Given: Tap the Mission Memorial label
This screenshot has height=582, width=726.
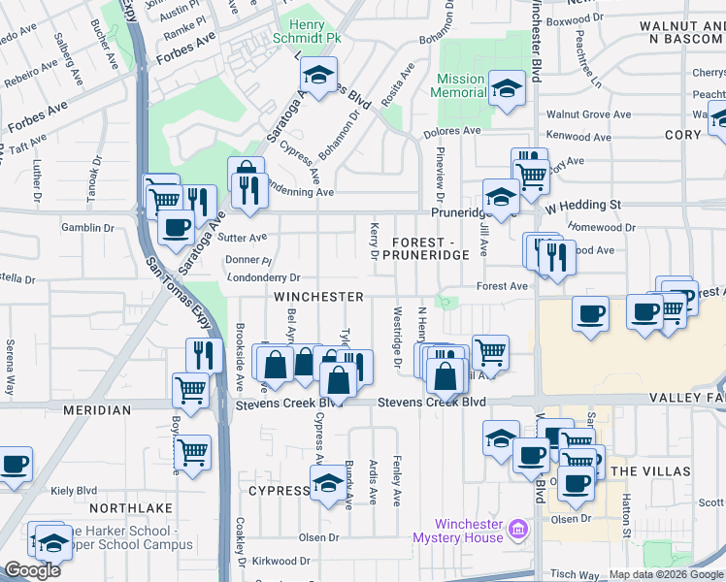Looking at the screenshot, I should point(460,86).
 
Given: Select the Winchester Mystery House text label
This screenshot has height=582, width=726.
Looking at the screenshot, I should point(456,531).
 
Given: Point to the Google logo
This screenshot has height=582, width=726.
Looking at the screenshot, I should point(32,570).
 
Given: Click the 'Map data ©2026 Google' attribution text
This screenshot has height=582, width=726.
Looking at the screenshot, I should point(666,574).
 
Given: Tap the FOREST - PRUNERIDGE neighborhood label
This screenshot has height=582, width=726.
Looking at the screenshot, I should point(431,247).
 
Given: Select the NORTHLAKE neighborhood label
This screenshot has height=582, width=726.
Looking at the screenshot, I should point(130,507).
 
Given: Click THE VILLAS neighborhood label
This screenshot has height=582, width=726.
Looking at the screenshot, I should point(652,470).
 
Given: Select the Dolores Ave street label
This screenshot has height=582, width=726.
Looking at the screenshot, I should point(455,131).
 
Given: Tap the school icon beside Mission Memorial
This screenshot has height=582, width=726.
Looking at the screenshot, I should point(506,86).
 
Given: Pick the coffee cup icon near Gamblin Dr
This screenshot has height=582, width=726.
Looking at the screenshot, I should point(176,229).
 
